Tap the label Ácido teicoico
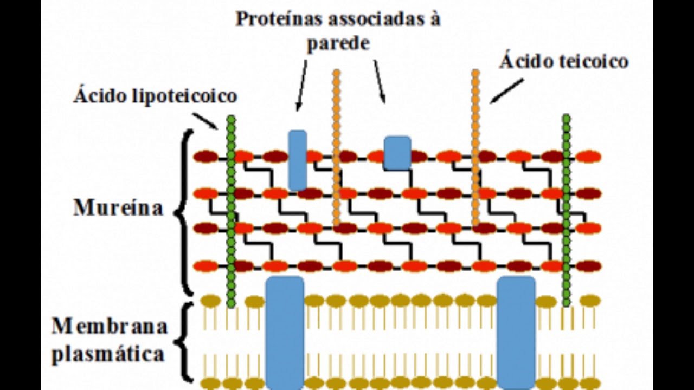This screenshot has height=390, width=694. coord(564,61)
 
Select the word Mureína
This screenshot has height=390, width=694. coord(118,207)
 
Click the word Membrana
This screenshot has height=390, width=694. coord(110,326)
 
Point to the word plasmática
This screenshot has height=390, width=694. coord(108,354)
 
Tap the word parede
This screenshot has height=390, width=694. coord(338,43)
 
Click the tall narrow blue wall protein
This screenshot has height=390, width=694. coord(298,160)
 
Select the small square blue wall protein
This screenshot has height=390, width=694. coord(397,153)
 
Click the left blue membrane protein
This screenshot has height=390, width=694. coord(285,333)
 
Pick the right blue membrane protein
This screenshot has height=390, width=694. coord(516,333)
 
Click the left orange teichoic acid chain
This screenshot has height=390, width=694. coord(337,148)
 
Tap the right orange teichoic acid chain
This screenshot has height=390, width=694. coord(475,148)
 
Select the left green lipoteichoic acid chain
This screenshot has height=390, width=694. coord(231,211)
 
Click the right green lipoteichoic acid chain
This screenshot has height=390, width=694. coord(567,211)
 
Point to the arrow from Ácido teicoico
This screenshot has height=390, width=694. coord(506,91)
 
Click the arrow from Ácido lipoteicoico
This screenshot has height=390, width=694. coord(205,121)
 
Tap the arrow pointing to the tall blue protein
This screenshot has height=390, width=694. coord(302,85)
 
